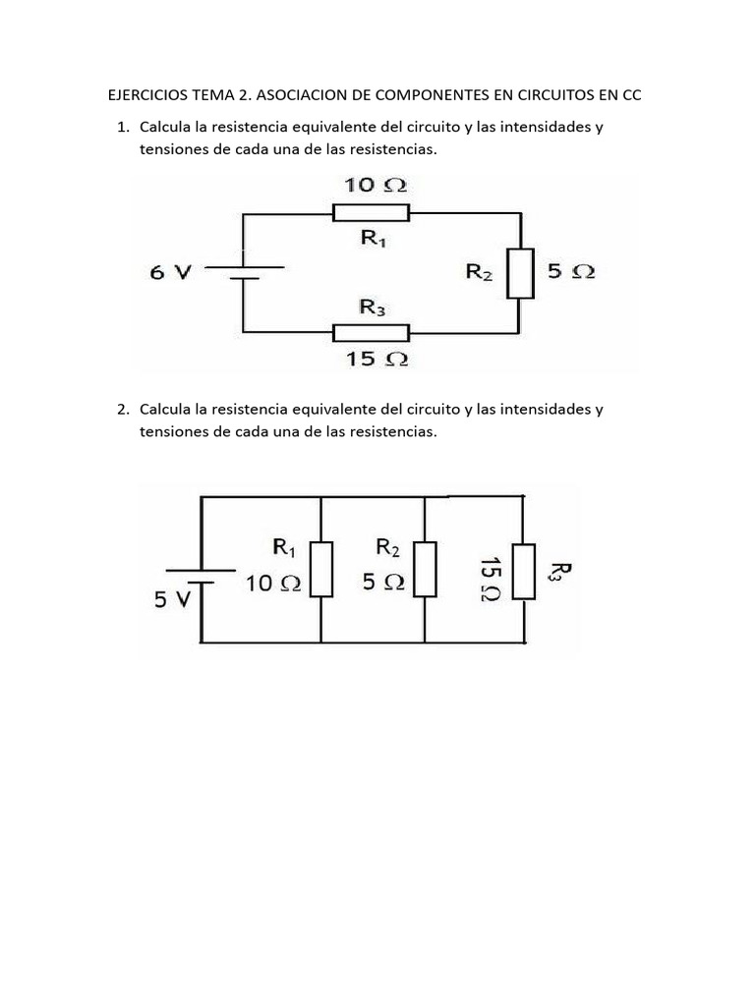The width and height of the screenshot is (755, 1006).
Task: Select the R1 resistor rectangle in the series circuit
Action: click(x=371, y=212)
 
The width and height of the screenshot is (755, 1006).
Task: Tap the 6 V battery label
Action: click(x=170, y=273)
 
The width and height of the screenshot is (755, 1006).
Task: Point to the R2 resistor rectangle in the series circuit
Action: click(x=520, y=272)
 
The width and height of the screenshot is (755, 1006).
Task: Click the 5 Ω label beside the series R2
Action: click(x=571, y=272)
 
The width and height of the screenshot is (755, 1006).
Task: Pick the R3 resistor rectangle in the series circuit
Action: click(x=371, y=332)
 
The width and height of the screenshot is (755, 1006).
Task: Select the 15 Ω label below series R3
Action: click(x=376, y=359)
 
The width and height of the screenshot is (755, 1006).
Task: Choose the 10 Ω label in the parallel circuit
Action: click(x=272, y=583)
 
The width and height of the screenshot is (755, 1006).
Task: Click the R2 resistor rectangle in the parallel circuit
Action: click(x=425, y=568)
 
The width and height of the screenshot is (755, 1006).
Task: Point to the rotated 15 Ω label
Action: click(x=489, y=579)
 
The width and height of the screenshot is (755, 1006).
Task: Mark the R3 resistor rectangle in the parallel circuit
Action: click(x=524, y=571)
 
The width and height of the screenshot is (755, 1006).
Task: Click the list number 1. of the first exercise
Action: click(x=123, y=128)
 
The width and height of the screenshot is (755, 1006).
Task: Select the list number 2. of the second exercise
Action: click(x=123, y=409)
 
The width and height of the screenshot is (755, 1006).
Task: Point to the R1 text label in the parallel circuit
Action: click(x=283, y=546)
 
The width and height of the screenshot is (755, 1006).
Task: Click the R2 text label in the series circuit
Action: click(x=479, y=272)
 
